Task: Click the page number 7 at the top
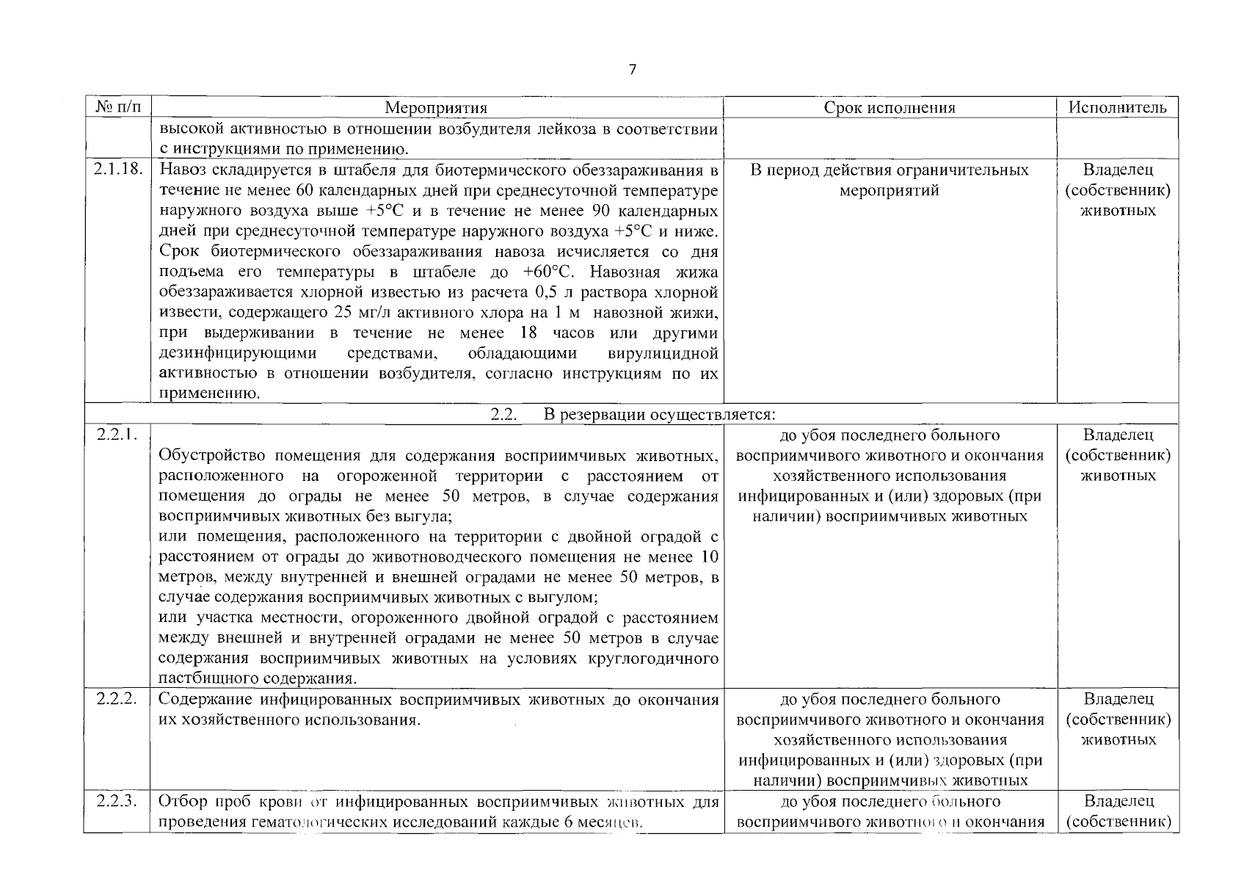point(633,70)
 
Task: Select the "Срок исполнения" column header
point(889,108)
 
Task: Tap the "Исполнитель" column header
point(1117,108)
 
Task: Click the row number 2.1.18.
point(117,170)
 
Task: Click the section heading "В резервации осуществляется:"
point(659,414)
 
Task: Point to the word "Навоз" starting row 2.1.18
point(181,170)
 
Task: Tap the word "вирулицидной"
point(663,354)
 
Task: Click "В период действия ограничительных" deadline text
point(889,170)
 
